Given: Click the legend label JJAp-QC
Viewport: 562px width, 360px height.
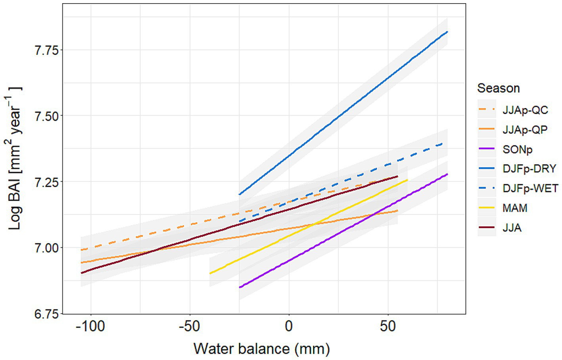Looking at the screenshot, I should [525, 110].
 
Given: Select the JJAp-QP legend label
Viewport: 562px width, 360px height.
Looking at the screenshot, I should [525, 130].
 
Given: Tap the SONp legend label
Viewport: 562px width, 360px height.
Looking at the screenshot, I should [517, 149].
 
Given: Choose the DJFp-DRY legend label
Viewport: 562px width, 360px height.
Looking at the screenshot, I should [529, 169].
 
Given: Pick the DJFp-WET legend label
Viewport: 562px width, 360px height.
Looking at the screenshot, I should [530, 188].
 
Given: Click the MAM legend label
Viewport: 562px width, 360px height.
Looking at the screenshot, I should [515, 208].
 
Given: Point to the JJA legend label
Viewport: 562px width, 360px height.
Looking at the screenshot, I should [512, 228].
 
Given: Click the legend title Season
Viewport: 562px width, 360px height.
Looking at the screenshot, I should [498, 88].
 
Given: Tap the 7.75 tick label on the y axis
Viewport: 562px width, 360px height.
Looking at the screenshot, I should [46, 50].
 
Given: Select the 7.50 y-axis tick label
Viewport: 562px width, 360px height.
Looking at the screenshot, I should [46, 116].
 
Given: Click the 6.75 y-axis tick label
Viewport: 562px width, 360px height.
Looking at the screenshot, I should [46, 314].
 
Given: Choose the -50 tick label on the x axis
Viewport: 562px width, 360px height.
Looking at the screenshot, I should [189, 326].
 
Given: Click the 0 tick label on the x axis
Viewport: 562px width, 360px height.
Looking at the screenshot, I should [289, 326].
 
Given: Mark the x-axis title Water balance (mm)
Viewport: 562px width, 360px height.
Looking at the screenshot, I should [262, 349].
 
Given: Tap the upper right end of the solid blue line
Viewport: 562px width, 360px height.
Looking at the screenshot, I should [447, 31].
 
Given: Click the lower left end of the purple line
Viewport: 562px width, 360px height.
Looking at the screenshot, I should [240, 287].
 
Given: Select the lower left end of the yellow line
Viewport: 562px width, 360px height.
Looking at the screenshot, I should [210, 273].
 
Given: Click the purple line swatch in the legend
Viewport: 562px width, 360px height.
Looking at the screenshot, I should [487, 149].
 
